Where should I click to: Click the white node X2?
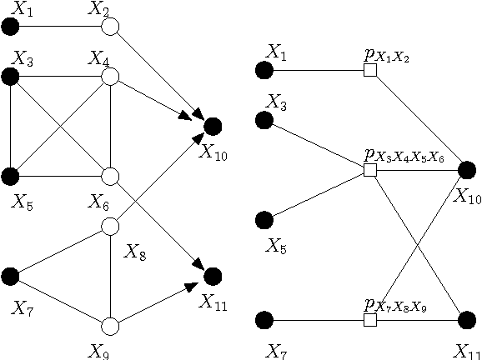click(x=111, y=27)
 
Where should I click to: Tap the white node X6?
click(x=111, y=177)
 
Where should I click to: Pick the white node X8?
click(x=111, y=226)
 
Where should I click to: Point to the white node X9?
click(x=111, y=325)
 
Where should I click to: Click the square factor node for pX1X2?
click(x=370, y=72)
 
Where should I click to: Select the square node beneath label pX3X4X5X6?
click(x=370, y=171)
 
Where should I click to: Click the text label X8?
click(x=134, y=251)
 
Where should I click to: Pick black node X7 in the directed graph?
click(x=11, y=276)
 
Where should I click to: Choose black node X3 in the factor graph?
click(x=264, y=121)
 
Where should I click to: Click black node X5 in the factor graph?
click(x=264, y=221)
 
